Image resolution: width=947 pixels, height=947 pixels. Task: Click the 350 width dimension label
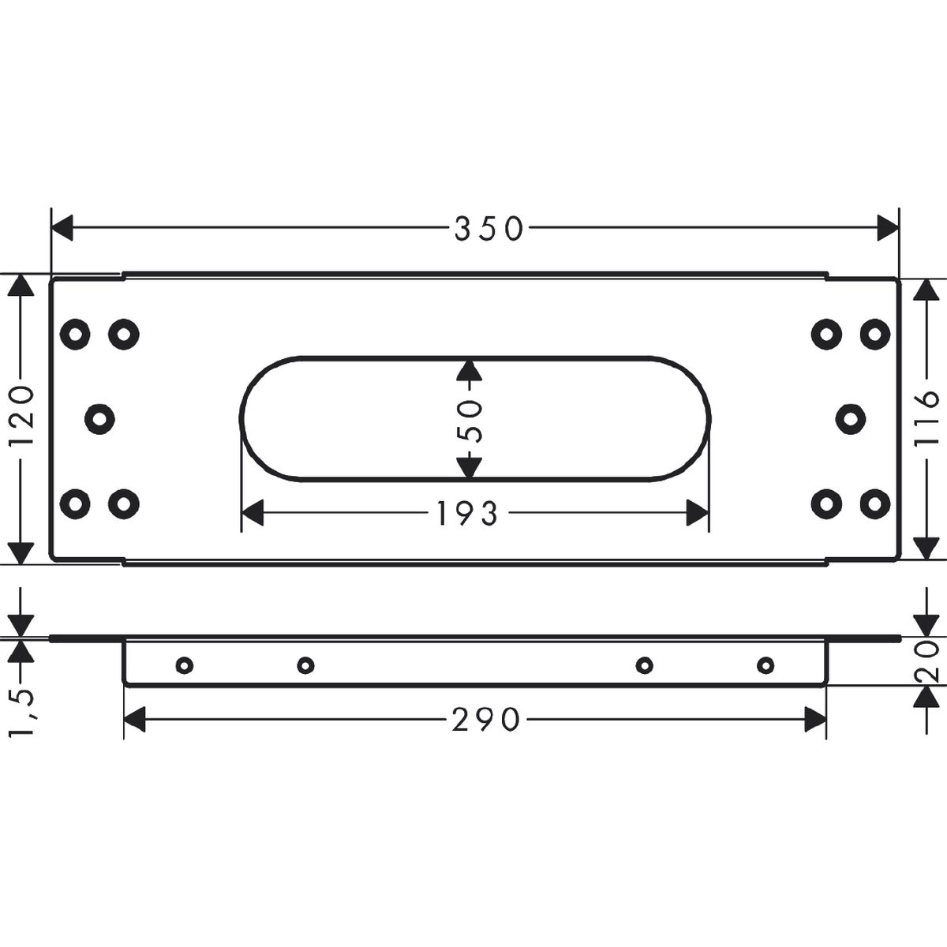click(x=488, y=229)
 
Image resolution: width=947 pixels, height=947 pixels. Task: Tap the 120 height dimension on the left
click(x=22, y=415)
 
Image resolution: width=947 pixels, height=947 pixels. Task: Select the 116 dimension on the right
click(x=926, y=419)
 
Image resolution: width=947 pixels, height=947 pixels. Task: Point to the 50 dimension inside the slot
click(x=470, y=421)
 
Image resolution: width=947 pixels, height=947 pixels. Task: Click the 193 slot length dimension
click(x=467, y=513)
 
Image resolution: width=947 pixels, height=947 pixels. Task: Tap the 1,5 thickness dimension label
click(x=22, y=712)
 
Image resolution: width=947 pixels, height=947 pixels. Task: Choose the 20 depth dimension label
click(x=926, y=661)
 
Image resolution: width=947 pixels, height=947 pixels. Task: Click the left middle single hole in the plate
click(x=99, y=419)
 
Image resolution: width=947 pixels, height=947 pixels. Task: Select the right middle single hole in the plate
click(x=851, y=419)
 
